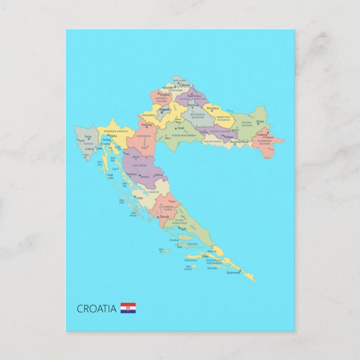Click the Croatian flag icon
click(x=128, y=308)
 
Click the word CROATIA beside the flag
click(x=97, y=309)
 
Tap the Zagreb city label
click(x=164, y=110)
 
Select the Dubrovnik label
click(x=234, y=273)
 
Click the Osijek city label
click(x=260, y=121)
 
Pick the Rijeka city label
click(x=113, y=136)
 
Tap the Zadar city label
click(x=139, y=197)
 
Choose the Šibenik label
click(x=164, y=217)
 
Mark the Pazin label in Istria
click(x=88, y=136)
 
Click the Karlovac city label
click(x=147, y=124)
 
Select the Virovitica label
click(x=212, y=108)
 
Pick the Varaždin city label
click(x=168, y=88)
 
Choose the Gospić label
click(x=145, y=176)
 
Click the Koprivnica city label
click(x=194, y=96)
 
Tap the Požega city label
click(x=228, y=136)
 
